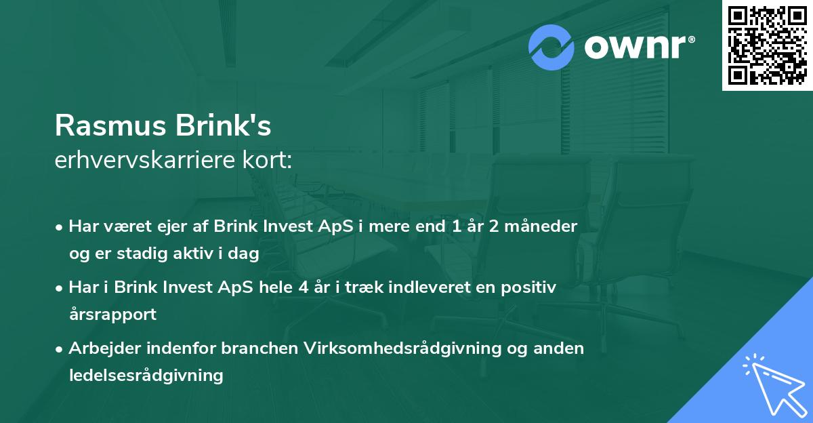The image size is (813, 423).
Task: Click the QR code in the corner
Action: (768, 45)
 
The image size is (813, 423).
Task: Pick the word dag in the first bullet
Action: (245, 254)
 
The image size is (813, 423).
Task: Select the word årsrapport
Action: (112, 315)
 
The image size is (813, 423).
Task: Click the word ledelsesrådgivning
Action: (146, 376)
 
